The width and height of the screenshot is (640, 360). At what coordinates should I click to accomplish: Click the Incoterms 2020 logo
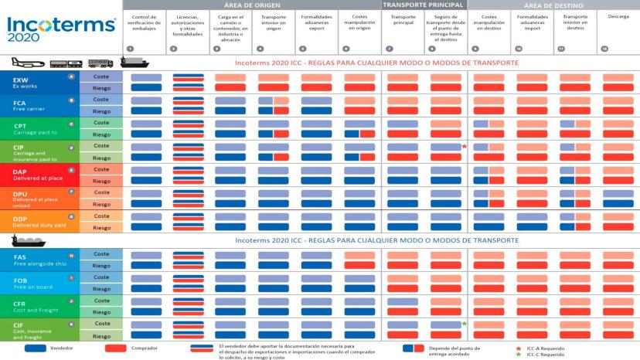point(61,29)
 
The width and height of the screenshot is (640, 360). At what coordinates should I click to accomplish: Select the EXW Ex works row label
point(39,83)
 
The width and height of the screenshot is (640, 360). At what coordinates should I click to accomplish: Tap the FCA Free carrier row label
point(39,105)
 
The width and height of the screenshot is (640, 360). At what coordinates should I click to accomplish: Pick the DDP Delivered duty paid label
point(39,222)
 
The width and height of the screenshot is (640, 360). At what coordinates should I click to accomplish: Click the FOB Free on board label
point(39,282)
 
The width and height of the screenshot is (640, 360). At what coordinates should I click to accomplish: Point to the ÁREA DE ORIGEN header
point(251,5)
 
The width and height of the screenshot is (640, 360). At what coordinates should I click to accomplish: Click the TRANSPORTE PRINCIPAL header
point(424,5)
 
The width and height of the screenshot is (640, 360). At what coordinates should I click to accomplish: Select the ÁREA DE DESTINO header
point(553,5)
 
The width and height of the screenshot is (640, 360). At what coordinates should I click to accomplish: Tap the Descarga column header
point(618,16)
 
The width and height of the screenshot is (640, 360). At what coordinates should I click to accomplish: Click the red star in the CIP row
point(464,146)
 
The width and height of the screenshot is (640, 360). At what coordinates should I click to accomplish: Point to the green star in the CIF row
point(464,324)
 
